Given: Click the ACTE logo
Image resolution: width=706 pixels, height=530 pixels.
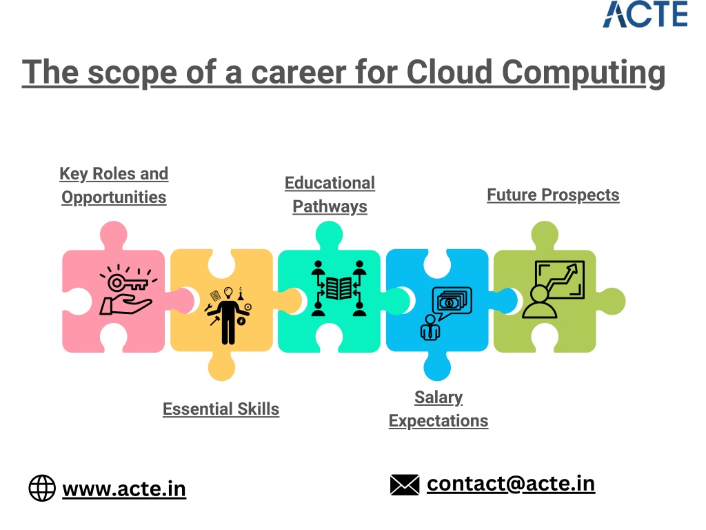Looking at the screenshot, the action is click(x=645, y=14).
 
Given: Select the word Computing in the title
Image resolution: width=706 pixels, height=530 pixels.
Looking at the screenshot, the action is click(x=583, y=72).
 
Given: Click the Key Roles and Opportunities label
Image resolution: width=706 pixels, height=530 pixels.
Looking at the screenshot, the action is click(x=114, y=185).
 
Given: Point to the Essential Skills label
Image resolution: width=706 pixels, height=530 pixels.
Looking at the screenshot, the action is click(x=221, y=409).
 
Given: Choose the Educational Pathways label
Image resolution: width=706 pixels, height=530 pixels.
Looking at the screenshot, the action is click(x=330, y=194).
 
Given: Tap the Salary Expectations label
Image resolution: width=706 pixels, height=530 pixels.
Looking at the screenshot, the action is click(x=438, y=409).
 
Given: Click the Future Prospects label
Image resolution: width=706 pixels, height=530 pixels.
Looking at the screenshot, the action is click(x=554, y=195).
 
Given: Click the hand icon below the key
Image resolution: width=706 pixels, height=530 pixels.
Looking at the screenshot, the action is click(x=125, y=305).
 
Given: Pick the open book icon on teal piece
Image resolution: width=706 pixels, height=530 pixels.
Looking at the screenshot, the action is click(x=339, y=288).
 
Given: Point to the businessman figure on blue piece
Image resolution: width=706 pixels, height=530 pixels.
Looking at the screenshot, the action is click(x=430, y=328).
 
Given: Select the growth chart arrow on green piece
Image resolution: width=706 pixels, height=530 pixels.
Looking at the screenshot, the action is click(x=562, y=279).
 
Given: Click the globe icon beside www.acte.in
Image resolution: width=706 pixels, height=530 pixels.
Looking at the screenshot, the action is click(x=42, y=488).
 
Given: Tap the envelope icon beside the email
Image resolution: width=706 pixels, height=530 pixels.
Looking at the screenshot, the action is click(x=405, y=485).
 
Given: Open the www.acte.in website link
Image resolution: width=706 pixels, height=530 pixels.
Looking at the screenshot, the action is click(x=124, y=489).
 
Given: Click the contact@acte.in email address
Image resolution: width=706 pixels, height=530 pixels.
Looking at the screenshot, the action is click(x=511, y=484).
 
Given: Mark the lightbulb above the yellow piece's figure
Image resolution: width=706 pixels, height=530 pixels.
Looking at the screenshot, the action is click(x=228, y=293).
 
